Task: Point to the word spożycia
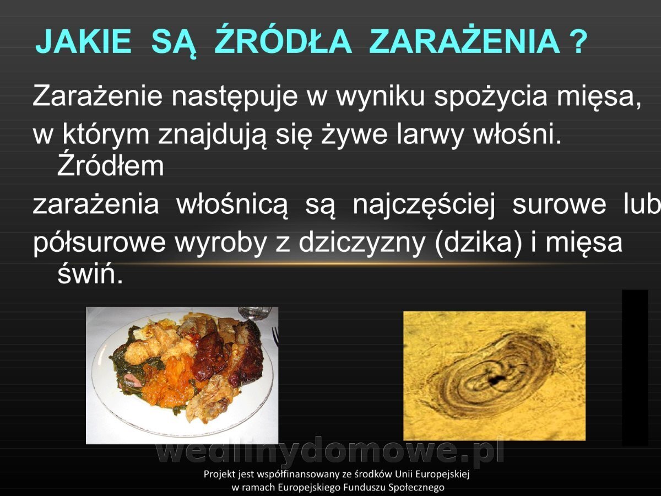[490, 96]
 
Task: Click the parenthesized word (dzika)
[479, 244]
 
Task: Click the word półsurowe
[99, 244]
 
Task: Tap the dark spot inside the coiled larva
[496, 380]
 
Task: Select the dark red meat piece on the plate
[210, 357]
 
